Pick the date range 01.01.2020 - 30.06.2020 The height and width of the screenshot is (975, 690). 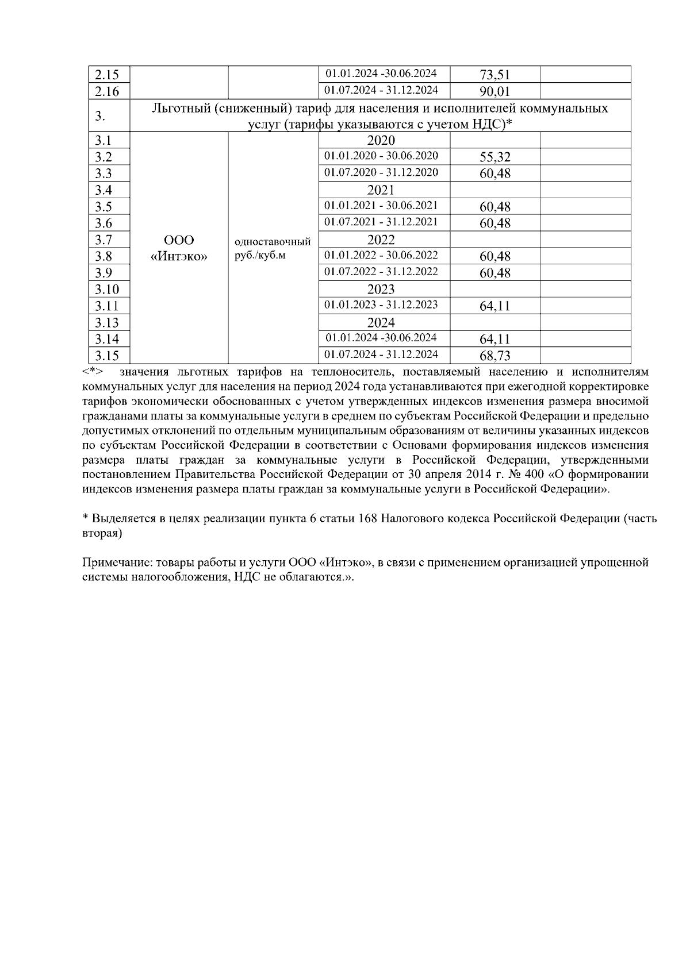tap(381, 156)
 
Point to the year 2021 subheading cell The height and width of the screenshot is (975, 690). tap(381, 190)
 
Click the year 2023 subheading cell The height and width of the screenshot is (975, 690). tap(381, 289)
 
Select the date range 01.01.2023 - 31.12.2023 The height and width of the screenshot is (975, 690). tap(381, 305)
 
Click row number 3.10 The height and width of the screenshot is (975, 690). tap(107, 290)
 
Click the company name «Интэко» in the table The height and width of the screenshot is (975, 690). tap(179, 256)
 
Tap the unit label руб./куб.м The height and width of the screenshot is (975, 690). tap(260, 255)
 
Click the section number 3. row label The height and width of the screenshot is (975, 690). tap(100, 117)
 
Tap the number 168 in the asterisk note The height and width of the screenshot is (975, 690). tap(367, 518)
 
